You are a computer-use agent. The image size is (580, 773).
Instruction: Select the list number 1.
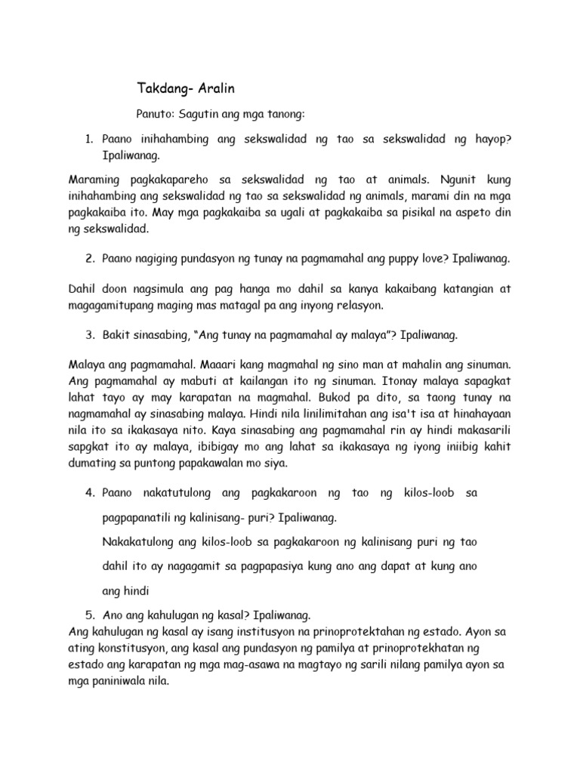(x=88, y=140)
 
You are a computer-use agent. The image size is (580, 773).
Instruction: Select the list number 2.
(x=88, y=258)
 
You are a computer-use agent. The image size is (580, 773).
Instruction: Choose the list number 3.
(x=88, y=333)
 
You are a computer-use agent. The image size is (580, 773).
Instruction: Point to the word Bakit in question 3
(x=116, y=333)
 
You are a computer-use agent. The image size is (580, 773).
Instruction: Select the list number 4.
(x=88, y=493)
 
